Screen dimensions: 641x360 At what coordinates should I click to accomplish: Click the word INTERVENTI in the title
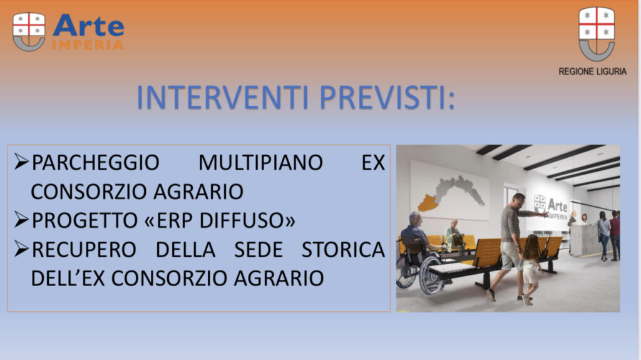(222, 98)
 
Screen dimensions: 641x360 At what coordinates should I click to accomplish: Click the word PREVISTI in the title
(387, 98)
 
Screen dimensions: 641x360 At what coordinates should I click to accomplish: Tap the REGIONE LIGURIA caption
(592, 71)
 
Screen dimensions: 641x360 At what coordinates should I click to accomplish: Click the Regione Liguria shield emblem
(597, 34)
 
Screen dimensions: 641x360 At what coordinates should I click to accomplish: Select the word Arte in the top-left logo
(88, 26)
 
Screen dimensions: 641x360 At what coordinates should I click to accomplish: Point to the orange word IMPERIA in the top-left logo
(88, 44)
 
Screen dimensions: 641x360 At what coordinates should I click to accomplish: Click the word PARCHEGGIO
(95, 162)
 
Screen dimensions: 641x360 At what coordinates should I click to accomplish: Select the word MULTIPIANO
(260, 162)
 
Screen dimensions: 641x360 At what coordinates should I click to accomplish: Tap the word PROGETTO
(85, 220)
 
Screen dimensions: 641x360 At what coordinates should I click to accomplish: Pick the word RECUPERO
(83, 250)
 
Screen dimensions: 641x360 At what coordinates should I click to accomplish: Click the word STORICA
(343, 250)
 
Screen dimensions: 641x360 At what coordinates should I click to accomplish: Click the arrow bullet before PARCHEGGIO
(21, 162)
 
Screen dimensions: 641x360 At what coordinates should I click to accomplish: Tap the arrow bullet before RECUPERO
(21, 249)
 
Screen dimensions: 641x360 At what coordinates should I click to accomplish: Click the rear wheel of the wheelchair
(432, 275)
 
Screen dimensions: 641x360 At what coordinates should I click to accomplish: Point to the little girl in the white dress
(531, 269)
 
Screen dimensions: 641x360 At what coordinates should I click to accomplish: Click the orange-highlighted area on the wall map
(428, 203)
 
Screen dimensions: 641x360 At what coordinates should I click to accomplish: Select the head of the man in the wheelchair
(416, 219)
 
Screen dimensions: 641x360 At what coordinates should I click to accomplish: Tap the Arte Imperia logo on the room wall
(551, 207)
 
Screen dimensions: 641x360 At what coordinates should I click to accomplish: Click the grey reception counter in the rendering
(585, 240)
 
